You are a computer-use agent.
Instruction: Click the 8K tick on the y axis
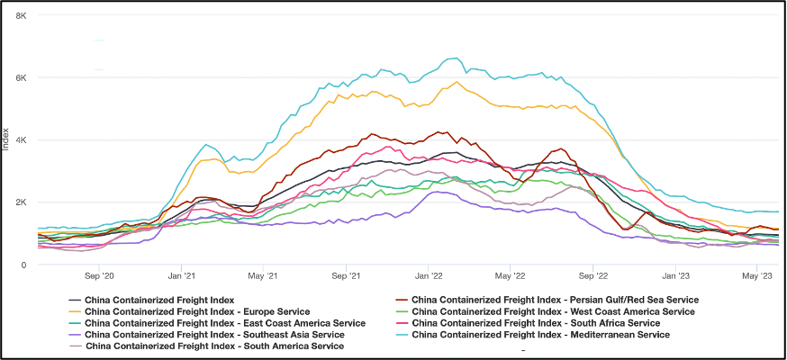tap(21, 16)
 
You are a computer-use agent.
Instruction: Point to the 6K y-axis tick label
tap(21, 78)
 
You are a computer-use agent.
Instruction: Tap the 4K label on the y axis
tap(21, 140)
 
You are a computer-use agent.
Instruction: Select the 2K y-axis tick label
tap(21, 202)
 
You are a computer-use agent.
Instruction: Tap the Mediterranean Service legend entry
tap(540, 335)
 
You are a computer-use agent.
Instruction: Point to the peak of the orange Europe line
tap(457, 82)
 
